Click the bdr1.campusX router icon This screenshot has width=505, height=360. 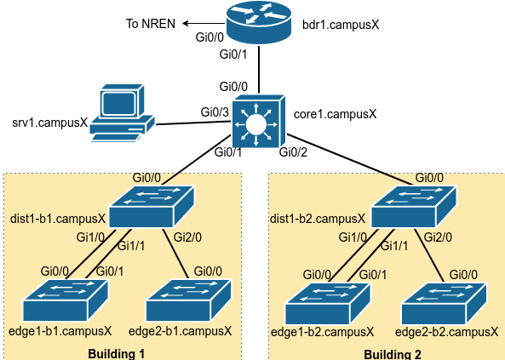click(259, 22)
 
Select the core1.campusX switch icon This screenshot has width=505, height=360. click(259, 122)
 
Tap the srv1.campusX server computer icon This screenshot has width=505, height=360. click(122, 113)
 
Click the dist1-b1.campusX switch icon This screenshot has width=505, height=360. click(152, 207)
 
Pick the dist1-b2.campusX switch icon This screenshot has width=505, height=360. click(414, 207)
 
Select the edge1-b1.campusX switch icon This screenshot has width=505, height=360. click(66, 300)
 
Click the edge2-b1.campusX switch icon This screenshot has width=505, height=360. click(189, 300)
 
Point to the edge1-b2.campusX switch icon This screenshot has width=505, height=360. click(328, 304)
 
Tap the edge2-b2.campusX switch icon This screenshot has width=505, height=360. click(445, 304)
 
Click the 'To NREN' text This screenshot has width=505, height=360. click(151, 24)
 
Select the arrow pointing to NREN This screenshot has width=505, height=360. click(204, 23)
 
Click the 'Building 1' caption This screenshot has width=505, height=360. click(117, 354)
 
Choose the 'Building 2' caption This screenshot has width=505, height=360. click(393, 355)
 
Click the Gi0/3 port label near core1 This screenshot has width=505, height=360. click(215, 112)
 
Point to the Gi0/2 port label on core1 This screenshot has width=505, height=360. click(293, 152)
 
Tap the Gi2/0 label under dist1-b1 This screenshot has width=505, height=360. click(187, 237)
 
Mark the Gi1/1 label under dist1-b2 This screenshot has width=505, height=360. click(394, 246)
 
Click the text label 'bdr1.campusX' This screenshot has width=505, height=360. click(341, 25)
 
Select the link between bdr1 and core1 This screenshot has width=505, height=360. click(259, 70)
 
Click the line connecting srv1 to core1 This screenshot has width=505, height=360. click(193, 123)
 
